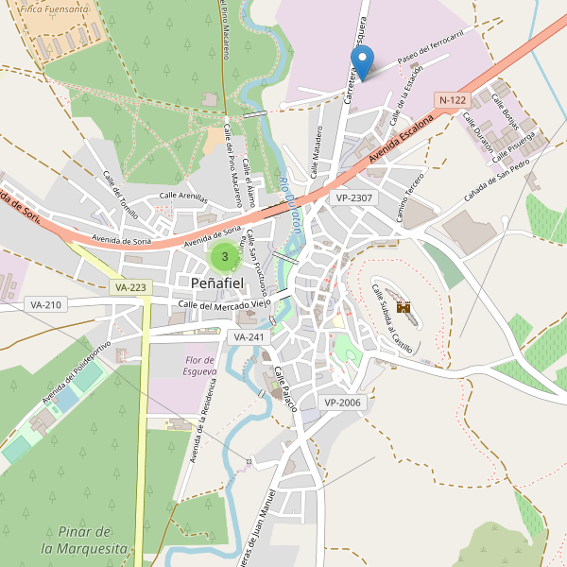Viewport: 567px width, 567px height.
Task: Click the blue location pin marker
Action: [361, 61]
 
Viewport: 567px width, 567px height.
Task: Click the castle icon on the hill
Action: [404, 307]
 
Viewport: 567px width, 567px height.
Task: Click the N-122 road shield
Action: [453, 99]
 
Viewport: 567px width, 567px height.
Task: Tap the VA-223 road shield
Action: [129, 286]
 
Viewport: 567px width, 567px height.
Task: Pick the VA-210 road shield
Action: [45, 304]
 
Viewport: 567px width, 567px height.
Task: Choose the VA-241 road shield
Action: [249, 336]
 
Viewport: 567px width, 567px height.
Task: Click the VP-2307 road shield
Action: [354, 198]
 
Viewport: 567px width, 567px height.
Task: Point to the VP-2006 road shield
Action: [342, 403]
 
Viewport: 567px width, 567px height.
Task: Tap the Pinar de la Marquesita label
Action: [84, 540]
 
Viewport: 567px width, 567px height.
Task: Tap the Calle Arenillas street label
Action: [182, 196]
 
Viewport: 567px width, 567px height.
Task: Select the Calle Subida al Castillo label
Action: [393, 318]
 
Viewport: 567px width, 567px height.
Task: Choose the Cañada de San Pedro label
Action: [500, 176]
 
